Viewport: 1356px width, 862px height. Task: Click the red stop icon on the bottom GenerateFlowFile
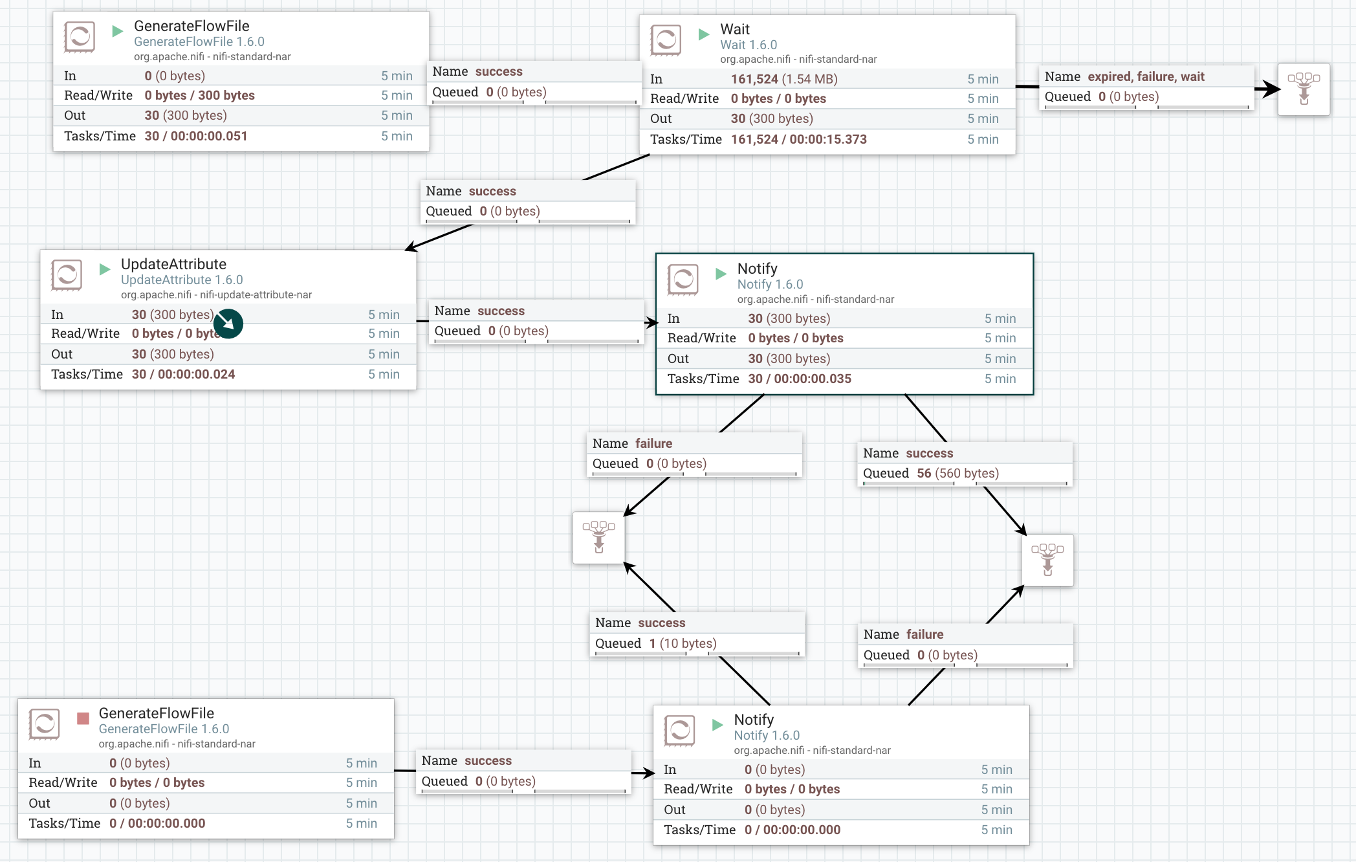pos(83,718)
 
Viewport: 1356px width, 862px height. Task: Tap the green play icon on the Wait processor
pos(704,34)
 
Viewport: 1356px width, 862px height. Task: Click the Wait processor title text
pos(735,29)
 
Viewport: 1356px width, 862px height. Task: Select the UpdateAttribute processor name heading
pos(173,264)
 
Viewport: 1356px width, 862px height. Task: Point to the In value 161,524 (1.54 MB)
pos(783,79)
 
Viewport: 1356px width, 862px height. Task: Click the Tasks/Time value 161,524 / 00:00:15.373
pos(798,139)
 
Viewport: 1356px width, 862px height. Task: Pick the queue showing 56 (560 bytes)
pos(957,473)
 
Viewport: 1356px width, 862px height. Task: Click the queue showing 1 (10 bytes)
pos(682,643)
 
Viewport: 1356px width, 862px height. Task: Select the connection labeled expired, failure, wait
pos(1145,76)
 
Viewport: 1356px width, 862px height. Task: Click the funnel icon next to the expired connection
pos(1304,89)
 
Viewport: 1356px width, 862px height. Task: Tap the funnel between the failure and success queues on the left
pos(598,537)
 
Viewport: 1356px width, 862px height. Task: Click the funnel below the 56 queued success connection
pos(1047,560)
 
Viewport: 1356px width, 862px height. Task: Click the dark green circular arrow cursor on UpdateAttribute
pos(228,324)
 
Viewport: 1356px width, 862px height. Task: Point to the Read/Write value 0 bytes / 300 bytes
pos(199,95)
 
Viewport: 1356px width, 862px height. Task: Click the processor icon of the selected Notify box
pos(683,280)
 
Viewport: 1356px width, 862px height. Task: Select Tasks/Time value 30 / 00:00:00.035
pos(799,379)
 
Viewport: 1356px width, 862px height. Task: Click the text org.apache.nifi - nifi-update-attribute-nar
pos(216,294)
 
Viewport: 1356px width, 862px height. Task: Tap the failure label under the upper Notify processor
pos(653,443)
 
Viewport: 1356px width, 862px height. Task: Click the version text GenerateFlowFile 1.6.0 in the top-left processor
pos(199,41)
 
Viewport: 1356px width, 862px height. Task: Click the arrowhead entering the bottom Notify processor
pos(650,773)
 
